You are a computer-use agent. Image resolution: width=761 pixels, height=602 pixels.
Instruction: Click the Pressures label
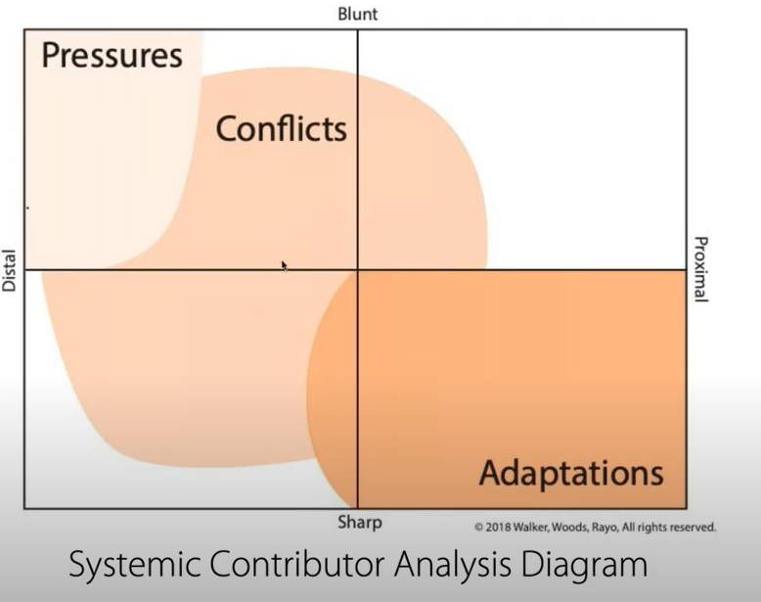click(x=112, y=55)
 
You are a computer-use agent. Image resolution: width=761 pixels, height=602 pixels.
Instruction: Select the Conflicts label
click(x=281, y=128)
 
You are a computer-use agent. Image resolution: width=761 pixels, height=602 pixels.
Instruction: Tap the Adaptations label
click(x=571, y=474)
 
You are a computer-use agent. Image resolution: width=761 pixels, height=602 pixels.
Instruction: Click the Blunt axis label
click(x=357, y=14)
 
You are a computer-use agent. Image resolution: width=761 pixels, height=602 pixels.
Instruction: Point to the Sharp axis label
click(x=359, y=523)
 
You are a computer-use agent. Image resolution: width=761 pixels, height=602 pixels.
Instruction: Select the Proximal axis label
click(x=700, y=269)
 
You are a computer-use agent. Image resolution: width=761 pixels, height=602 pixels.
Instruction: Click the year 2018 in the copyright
click(x=498, y=527)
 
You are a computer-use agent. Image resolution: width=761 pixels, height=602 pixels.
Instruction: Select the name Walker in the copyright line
click(x=534, y=527)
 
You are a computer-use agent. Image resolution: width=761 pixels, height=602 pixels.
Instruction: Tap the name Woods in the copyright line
click(x=574, y=527)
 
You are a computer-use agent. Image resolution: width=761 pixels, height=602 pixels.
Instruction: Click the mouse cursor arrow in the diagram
click(x=285, y=265)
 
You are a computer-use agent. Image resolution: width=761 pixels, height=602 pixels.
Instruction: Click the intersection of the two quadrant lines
click(x=357, y=269)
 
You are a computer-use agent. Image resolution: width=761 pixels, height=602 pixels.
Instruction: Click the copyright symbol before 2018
click(x=479, y=527)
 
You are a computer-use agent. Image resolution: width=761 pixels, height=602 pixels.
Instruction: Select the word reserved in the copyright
click(x=692, y=527)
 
